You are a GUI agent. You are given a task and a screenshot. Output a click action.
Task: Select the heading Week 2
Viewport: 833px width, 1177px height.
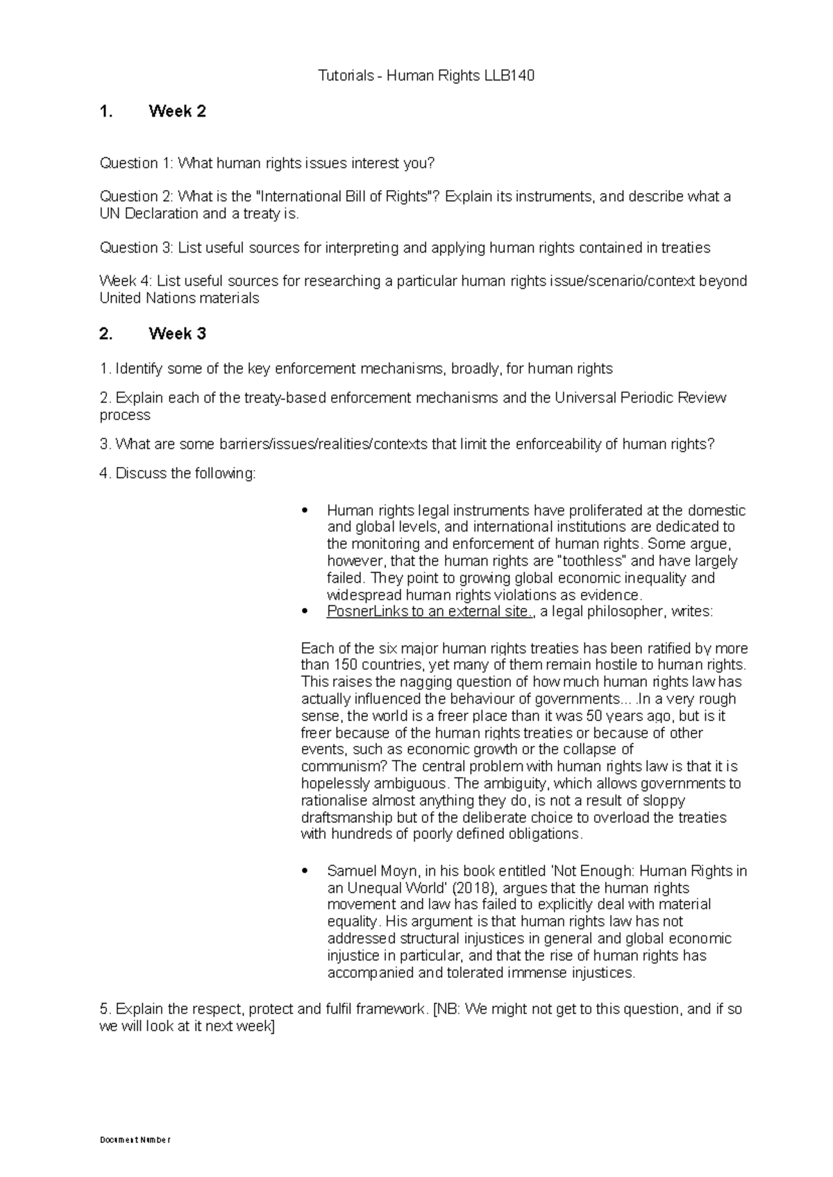177,112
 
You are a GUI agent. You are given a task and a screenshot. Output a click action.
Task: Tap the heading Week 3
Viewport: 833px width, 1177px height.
177,334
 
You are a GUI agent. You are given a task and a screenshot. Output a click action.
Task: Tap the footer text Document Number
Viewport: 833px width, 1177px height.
135,1140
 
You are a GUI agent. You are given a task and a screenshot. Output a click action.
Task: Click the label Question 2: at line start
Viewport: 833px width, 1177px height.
137,196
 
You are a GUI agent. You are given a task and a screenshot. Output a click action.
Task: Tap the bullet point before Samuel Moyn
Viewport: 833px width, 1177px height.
305,872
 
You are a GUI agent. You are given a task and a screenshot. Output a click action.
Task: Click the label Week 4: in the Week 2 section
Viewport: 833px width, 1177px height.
126,281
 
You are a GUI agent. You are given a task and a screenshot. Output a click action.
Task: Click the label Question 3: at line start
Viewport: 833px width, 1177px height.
137,248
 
